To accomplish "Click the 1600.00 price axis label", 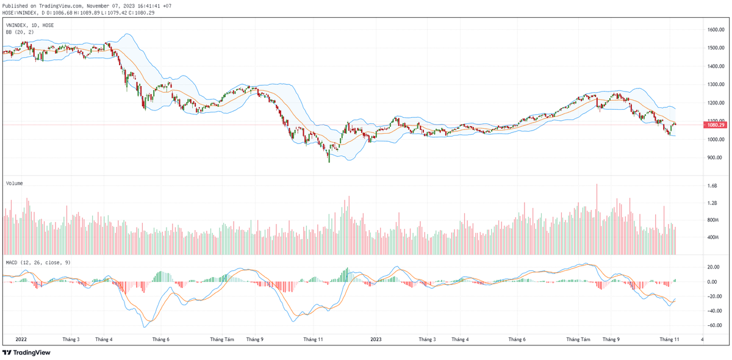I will pos(715,29).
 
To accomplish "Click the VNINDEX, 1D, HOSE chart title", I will pos(30,25).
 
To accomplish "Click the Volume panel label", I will pos(15,183).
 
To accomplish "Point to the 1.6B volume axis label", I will pos(711,185).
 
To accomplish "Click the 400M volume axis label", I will pos(712,237).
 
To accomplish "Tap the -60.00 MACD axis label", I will pos(714,325).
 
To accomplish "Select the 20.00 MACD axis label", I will pos(714,267).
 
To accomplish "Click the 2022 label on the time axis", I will pos(21,339).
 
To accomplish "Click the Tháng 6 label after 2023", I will pos(517,339).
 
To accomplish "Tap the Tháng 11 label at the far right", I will pos(669,339).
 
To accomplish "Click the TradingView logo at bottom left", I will pos(27,353).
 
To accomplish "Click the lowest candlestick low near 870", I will pos(329,161).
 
